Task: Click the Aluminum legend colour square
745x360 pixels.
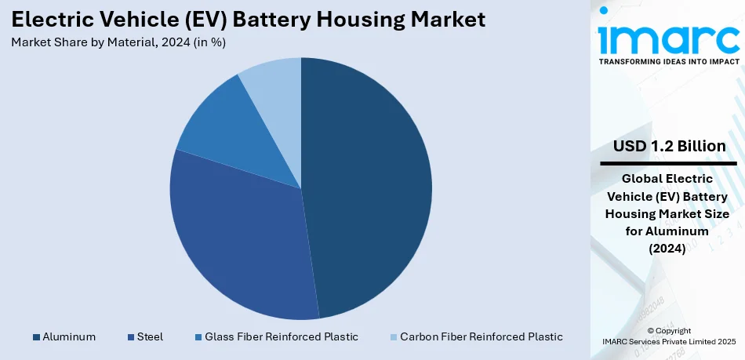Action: [36, 337]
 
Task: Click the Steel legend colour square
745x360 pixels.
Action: [130, 337]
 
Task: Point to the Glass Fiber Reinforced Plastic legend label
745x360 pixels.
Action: [281, 336]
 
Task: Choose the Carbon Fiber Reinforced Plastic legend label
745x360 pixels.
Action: [481, 336]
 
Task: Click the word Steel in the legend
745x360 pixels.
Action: [150, 336]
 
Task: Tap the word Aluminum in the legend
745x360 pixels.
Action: [69, 336]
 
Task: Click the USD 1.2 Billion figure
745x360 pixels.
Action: [669, 147]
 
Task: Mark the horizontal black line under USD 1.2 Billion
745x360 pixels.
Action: [669, 163]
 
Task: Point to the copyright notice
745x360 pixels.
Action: [669, 335]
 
